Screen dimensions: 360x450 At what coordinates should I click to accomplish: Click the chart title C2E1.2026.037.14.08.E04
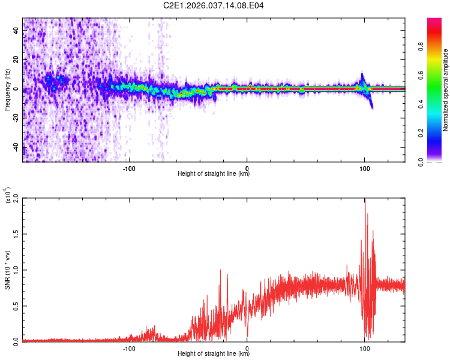coord(214,5)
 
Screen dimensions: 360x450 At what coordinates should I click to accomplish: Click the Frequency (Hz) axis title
coord(7,90)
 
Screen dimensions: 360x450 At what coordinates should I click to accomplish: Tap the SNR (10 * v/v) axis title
coord(7,269)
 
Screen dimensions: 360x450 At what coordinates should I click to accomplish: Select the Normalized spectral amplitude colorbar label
coord(446,90)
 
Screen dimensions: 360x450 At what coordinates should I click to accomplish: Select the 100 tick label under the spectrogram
coord(364,168)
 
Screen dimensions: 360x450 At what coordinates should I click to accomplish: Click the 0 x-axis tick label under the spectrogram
coord(247,168)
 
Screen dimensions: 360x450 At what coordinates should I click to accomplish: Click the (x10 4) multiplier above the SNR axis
coord(8,196)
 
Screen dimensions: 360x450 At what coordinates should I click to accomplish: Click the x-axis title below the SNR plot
coord(214,354)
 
